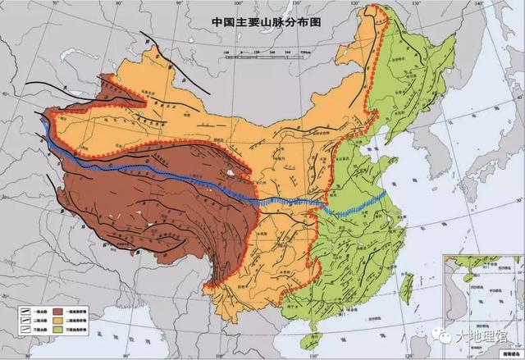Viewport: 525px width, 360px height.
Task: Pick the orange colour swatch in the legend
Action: coord(59,321)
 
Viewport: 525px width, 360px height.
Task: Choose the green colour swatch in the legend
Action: coord(59,330)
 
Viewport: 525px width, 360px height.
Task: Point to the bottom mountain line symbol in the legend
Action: coord(28,330)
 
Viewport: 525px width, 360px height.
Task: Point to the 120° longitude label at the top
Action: coord(353,5)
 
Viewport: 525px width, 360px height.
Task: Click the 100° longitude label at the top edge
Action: coord(232,5)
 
